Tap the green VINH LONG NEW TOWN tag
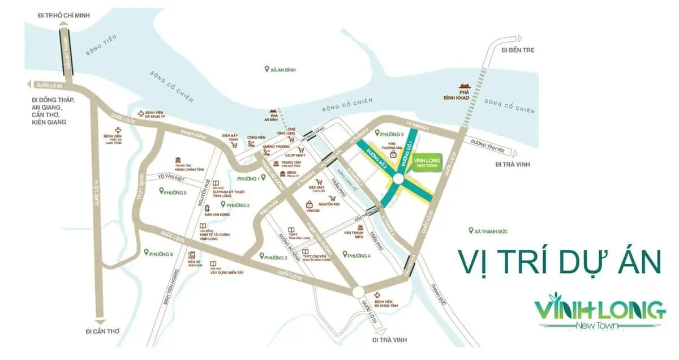click(x=427, y=161)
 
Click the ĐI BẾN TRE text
click(x=517, y=50)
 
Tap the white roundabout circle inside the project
click(x=398, y=179)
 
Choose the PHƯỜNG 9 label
click(x=175, y=192)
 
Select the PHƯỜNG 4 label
click(x=359, y=256)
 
